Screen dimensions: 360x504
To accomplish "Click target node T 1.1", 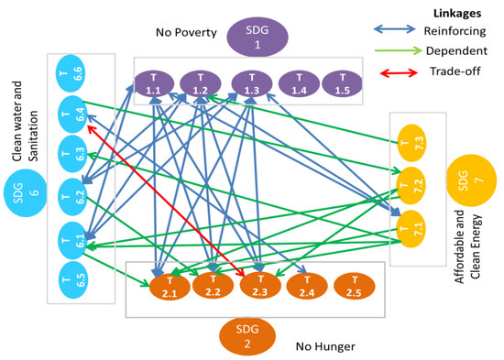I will pyautogui.click(x=154, y=83).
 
